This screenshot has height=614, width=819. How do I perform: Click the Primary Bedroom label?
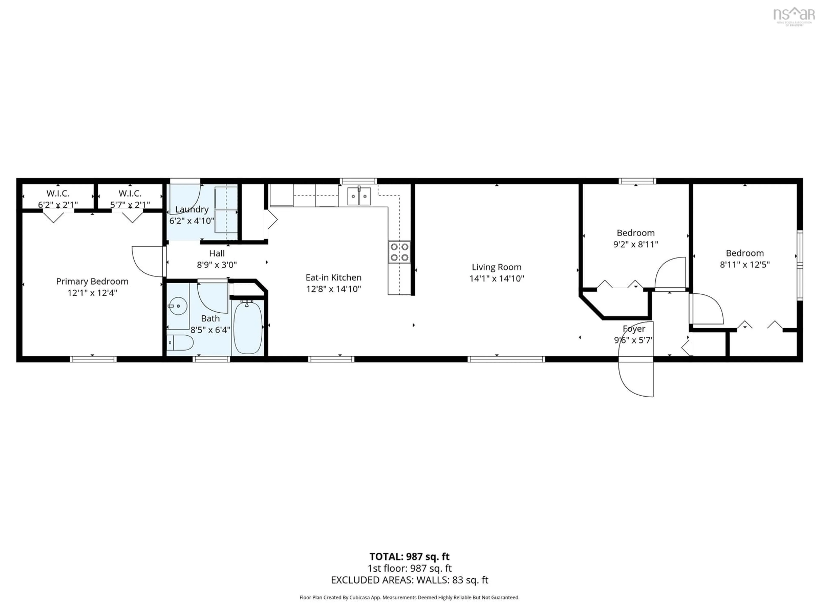click(92, 281)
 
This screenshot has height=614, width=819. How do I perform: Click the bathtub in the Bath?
click(248, 327)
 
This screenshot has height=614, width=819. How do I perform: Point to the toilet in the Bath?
click(180, 343)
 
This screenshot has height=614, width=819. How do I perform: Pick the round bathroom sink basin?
click(178, 306)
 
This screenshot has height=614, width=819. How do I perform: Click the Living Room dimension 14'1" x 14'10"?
click(497, 278)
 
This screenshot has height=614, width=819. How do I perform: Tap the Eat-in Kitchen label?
click(333, 277)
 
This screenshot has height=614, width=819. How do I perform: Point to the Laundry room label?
click(192, 209)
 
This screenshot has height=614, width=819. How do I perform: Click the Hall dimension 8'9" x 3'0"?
click(217, 265)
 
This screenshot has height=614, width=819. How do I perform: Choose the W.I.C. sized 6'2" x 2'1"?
click(58, 199)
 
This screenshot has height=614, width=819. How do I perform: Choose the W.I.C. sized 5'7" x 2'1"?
click(130, 199)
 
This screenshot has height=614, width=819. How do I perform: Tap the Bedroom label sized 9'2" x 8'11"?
click(635, 233)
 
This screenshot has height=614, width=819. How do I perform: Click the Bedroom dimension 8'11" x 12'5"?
click(745, 264)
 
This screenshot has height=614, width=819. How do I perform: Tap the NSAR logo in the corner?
click(794, 16)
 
